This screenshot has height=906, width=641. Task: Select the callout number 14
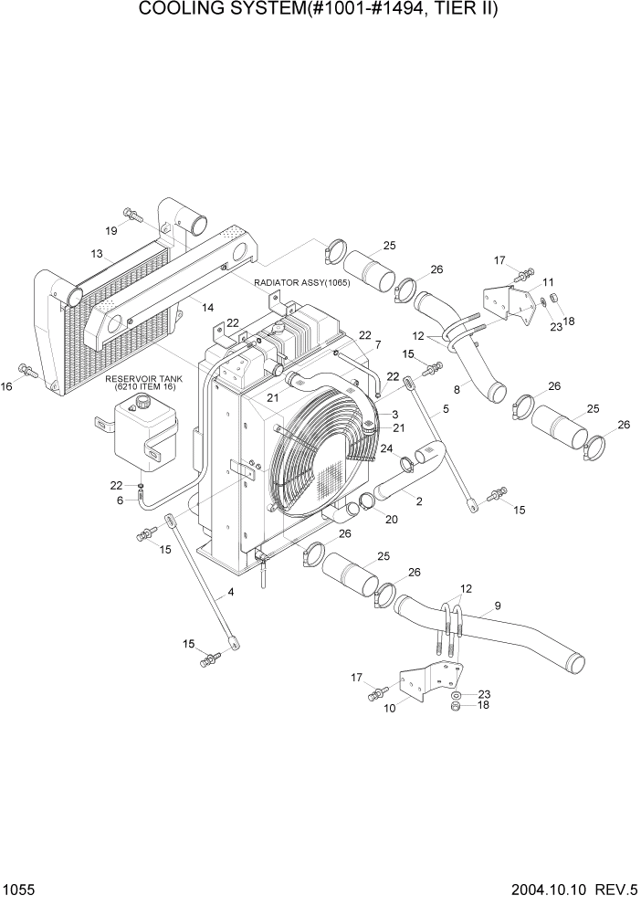(208, 308)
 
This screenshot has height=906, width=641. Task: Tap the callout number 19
(110, 230)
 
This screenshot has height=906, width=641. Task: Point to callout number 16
(6, 387)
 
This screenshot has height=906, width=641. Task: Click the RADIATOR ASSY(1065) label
(302, 283)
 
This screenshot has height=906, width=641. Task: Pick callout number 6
(119, 500)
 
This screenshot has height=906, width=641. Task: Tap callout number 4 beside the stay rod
(230, 593)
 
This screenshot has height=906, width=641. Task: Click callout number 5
(445, 410)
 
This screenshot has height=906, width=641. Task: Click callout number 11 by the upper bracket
(548, 281)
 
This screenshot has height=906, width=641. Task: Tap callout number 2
(418, 501)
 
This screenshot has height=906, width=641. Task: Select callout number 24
(387, 448)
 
